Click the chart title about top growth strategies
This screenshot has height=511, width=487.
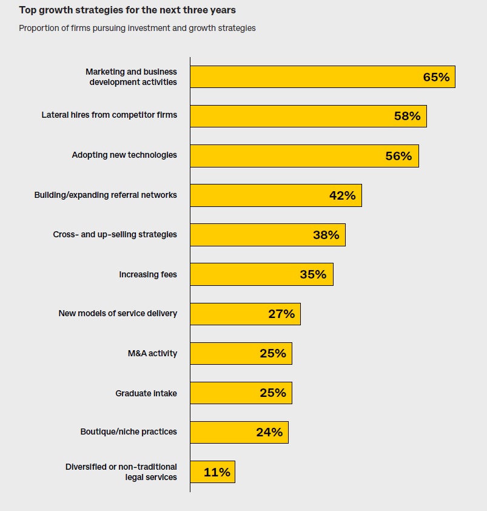tap(127, 10)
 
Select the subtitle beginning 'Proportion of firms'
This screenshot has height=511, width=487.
tap(137, 28)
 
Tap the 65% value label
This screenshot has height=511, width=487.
tap(436, 77)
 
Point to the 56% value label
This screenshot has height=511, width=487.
tap(398, 156)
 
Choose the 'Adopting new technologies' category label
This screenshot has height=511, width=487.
tap(124, 155)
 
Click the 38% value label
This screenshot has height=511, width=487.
tap(326, 235)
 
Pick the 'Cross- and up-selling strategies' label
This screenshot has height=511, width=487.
tap(115, 234)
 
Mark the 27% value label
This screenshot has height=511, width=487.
tap(281, 314)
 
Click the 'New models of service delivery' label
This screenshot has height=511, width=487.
tap(118, 314)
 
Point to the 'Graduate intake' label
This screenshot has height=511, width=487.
tap(146, 393)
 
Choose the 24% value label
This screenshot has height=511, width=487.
tap(269, 432)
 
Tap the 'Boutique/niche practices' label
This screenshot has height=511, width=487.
tap(129, 431)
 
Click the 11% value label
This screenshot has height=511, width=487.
tap(217, 472)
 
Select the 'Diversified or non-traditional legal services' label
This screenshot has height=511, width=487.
tap(121, 472)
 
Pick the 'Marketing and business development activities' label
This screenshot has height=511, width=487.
tap(131, 76)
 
